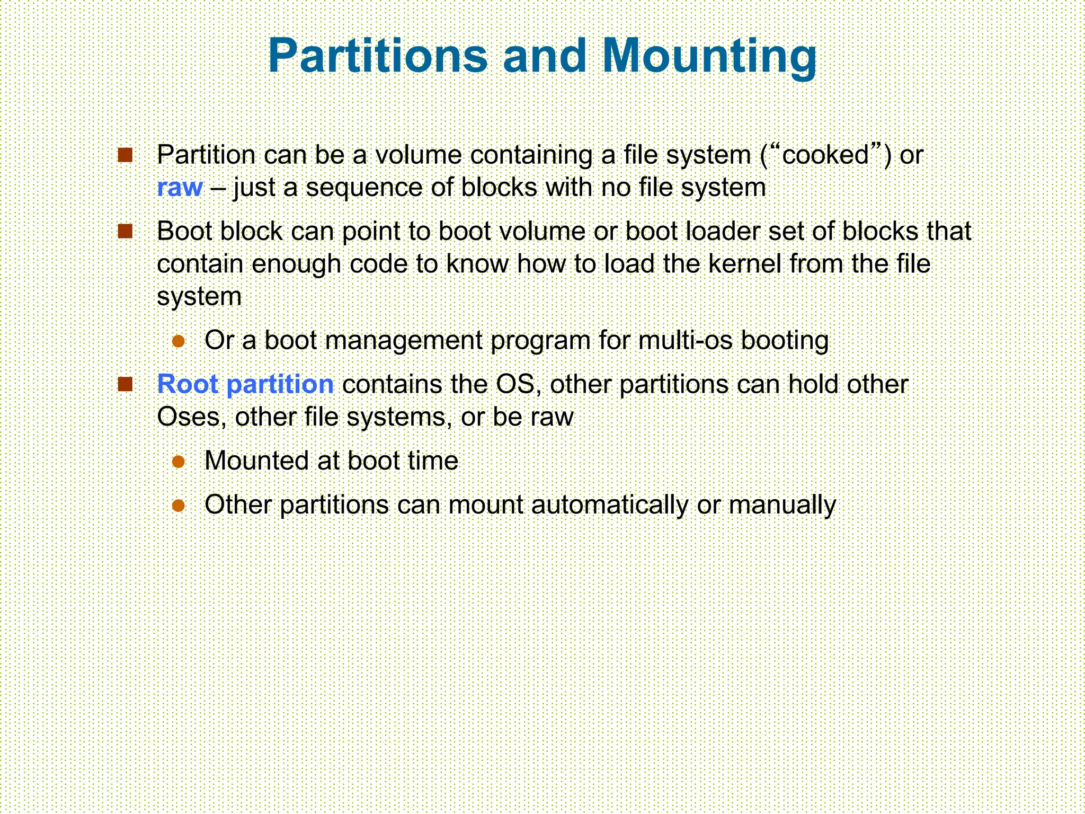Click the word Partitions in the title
click(x=377, y=56)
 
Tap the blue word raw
click(x=180, y=188)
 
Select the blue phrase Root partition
click(x=245, y=384)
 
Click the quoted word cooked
click(x=825, y=155)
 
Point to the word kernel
click(x=744, y=264)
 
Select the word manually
click(x=782, y=505)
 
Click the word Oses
click(x=189, y=417)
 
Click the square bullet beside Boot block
click(x=125, y=232)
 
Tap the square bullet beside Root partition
click(x=125, y=384)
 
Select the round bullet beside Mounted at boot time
click(x=179, y=462)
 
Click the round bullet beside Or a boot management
click(x=179, y=341)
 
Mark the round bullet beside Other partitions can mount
click(x=179, y=506)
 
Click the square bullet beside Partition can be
click(x=125, y=155)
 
